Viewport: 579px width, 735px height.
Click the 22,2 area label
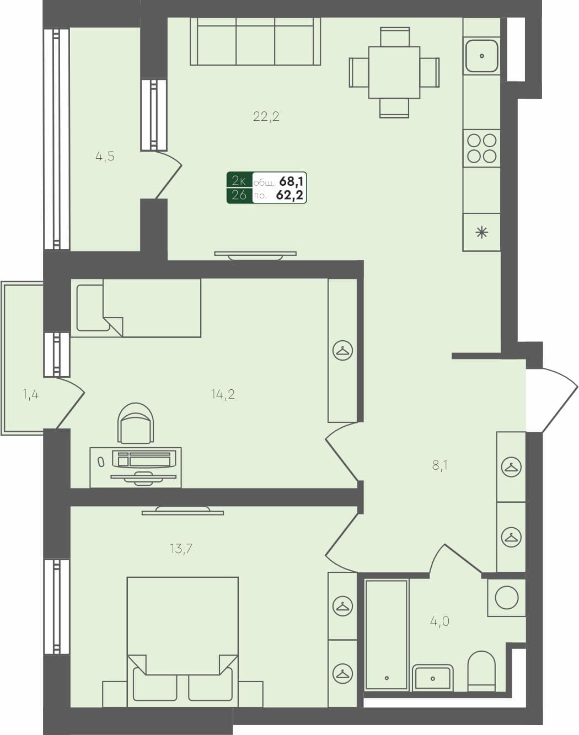click(266, 116)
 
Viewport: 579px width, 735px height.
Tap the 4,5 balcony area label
click(105, 157)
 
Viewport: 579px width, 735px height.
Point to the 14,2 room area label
click(223, 394)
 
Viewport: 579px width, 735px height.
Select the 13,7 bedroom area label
click(181, 549)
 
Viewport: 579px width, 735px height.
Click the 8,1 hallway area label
click(439, 465)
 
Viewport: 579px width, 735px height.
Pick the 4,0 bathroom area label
click(439, 621)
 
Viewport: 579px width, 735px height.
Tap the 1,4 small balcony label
click(30, 394)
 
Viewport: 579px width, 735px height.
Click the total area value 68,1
click(292, 181)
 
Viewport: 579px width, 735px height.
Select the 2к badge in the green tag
click(239, 181)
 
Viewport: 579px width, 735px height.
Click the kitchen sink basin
click(482, 56)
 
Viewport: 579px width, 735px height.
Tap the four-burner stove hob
click(482, 148)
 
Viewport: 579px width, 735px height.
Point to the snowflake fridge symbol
click(482, 233)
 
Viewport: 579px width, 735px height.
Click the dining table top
click(394, 72)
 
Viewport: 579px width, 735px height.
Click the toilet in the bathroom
click(481, 670)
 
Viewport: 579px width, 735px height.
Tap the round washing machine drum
click(506, 598)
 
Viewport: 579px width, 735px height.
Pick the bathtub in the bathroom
click(387, 634)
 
